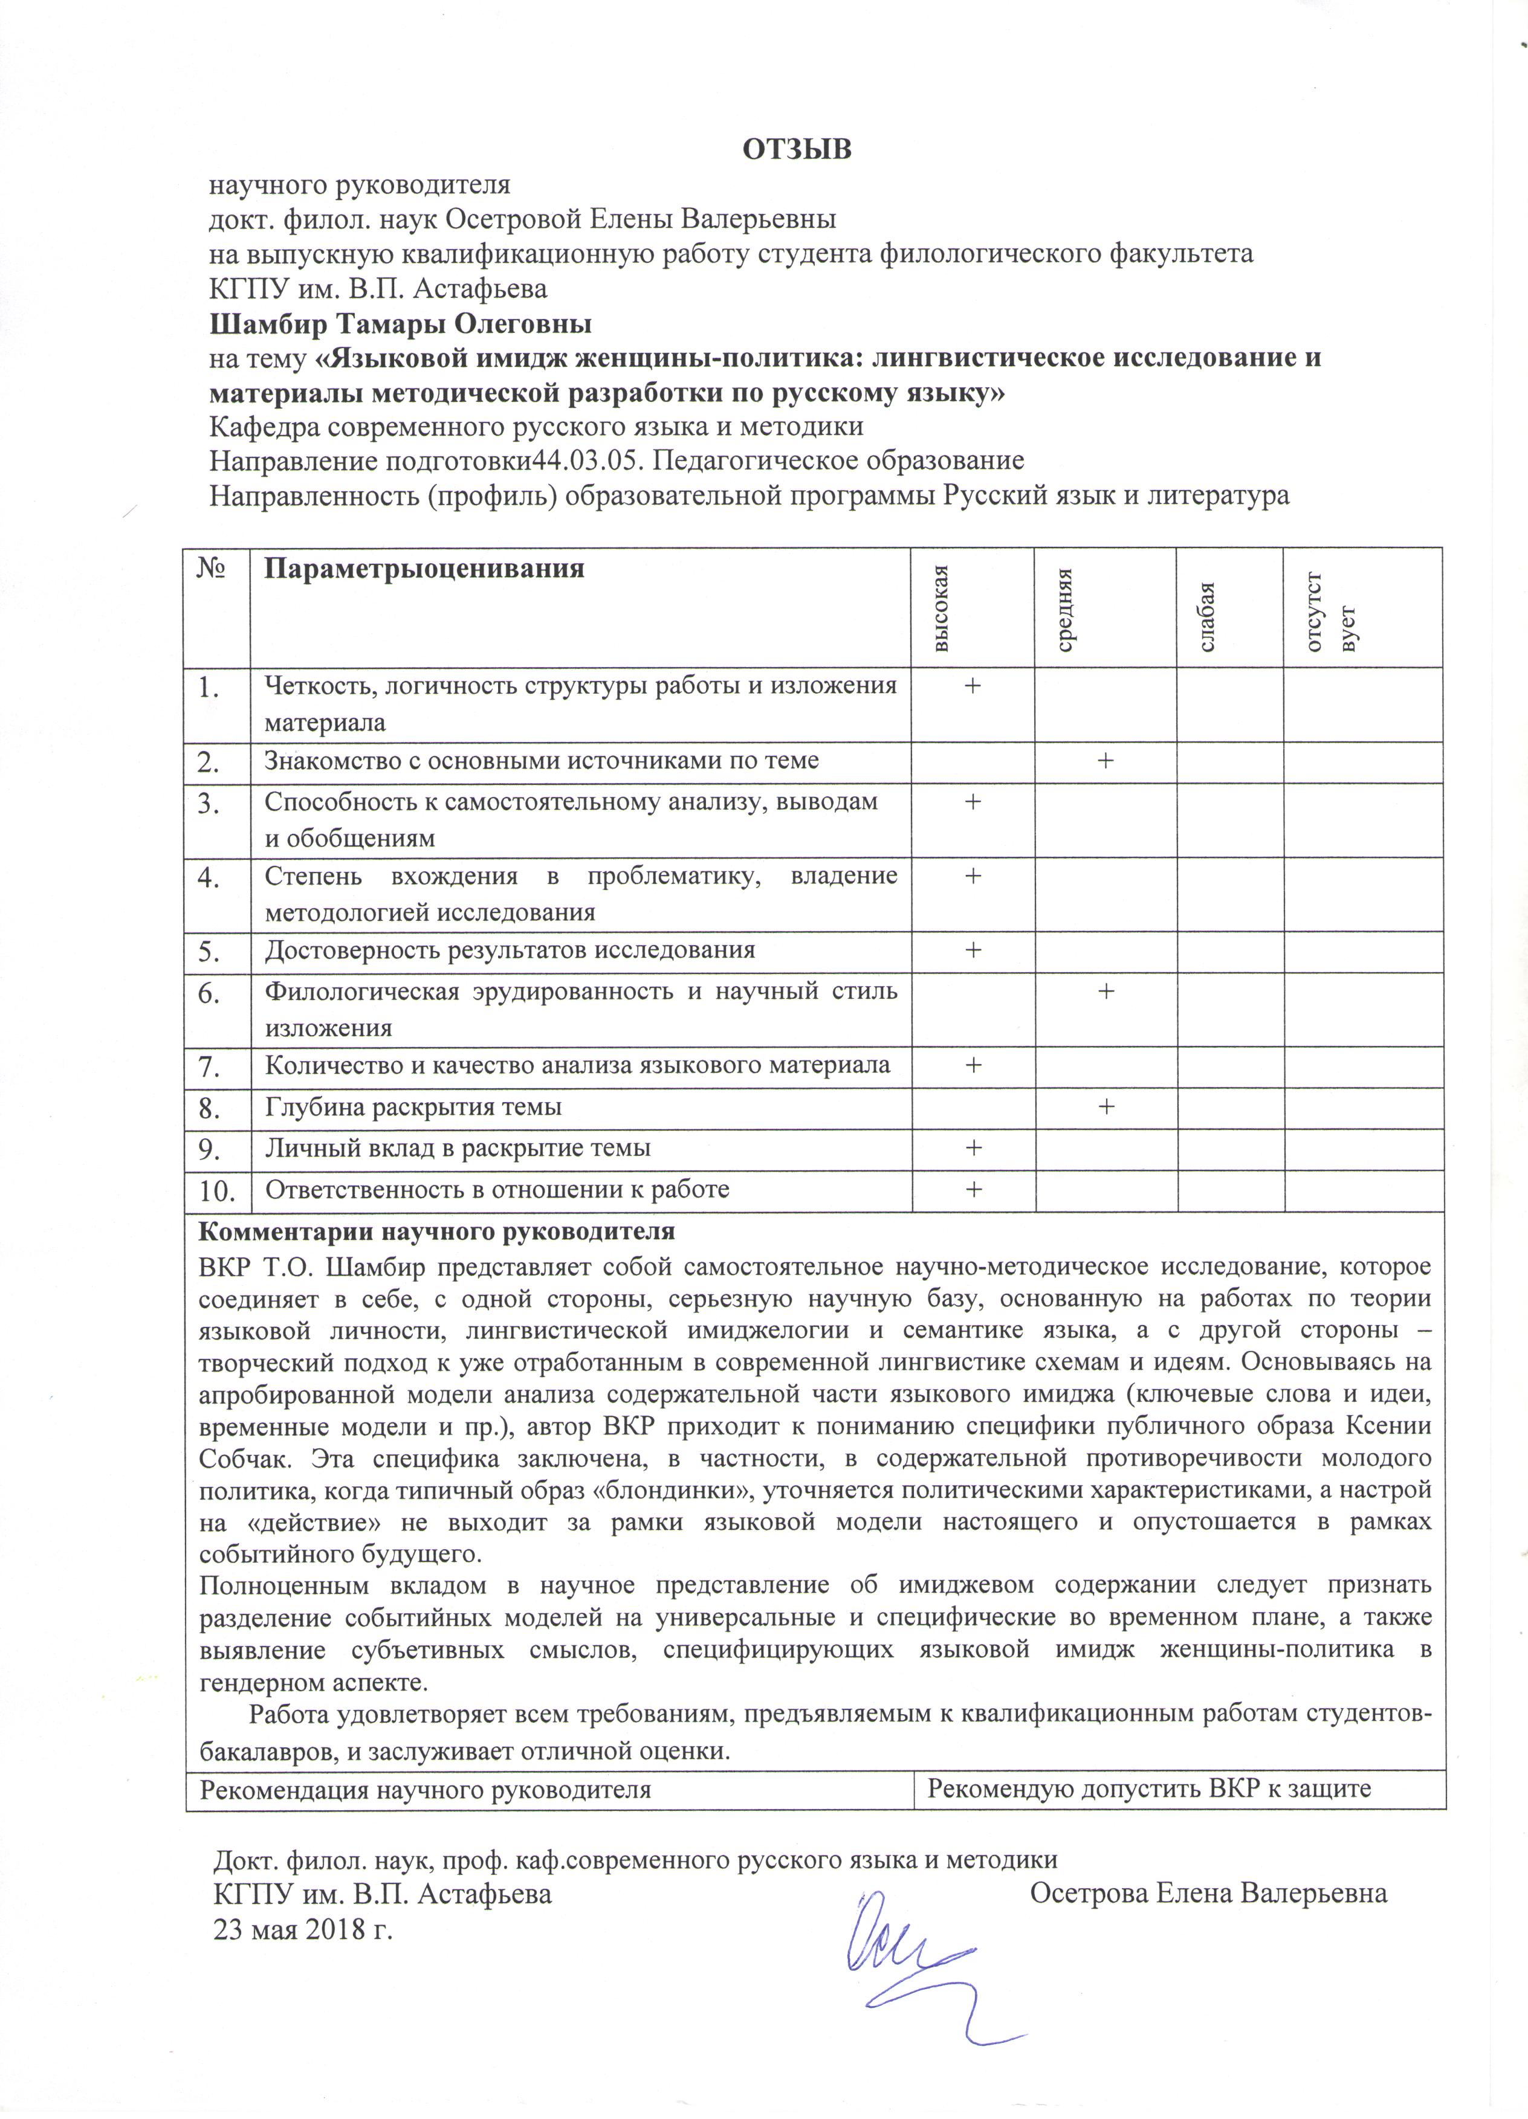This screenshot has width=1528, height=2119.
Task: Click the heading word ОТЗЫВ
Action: [797, 149]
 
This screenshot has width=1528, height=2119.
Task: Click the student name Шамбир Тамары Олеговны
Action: [400, 324]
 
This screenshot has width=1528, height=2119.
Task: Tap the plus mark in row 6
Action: [1105, 990]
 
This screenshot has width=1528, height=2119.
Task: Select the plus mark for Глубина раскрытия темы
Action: [1105, 1106]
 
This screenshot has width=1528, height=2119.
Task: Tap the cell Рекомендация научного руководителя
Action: [426, 1789]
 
